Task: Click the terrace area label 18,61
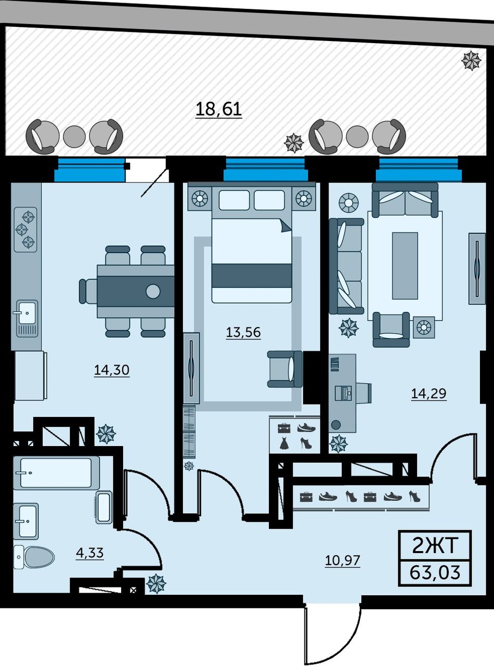coord(218,109)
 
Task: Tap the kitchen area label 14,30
coord(112,370)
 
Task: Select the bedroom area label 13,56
coord(243,332)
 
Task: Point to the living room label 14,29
coord(428,394)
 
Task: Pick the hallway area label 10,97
coord(343,560)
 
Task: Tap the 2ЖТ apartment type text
coord(435,546)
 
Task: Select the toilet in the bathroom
coord(34,557)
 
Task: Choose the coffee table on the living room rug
coord(405,266)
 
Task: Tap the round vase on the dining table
coord(153,291)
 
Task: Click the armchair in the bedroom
coord(284,369)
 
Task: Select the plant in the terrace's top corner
coord(471,60)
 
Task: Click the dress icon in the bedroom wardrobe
coord(284,443)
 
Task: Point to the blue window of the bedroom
coord(266,169)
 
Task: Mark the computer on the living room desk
coord(345,393)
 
